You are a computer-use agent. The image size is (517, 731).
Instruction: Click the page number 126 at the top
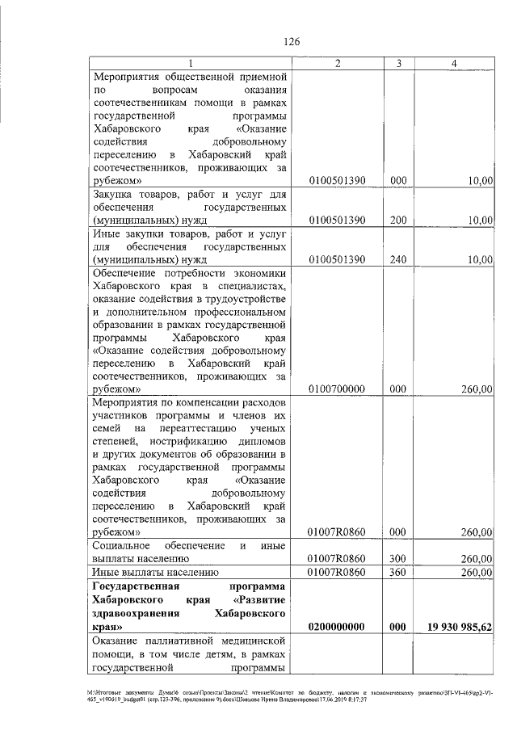292,42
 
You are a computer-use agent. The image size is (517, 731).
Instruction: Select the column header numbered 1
190,63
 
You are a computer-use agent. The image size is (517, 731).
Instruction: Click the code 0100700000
337,389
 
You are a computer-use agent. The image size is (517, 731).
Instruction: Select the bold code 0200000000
337,626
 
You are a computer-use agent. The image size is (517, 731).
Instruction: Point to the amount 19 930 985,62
457,626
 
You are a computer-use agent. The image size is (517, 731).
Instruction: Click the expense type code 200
397,220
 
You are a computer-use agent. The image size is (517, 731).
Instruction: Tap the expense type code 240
397,259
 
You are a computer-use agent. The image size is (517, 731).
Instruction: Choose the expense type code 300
397,558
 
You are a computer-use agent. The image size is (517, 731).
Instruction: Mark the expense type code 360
397,573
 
